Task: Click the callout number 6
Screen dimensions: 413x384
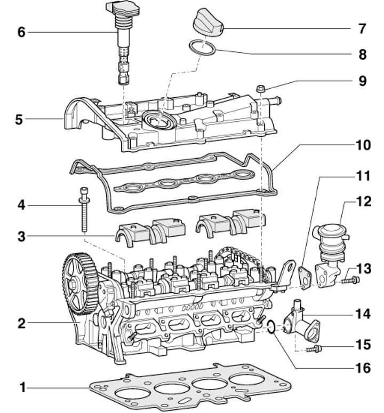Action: click(x=21, y=32)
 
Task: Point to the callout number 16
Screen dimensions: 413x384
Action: click(x=363, y=368)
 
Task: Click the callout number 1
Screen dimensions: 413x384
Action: click(x=22, y=388)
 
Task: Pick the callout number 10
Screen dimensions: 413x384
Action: click(x=363, y=144)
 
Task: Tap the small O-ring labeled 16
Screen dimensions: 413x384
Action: click(x=271, y=326)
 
